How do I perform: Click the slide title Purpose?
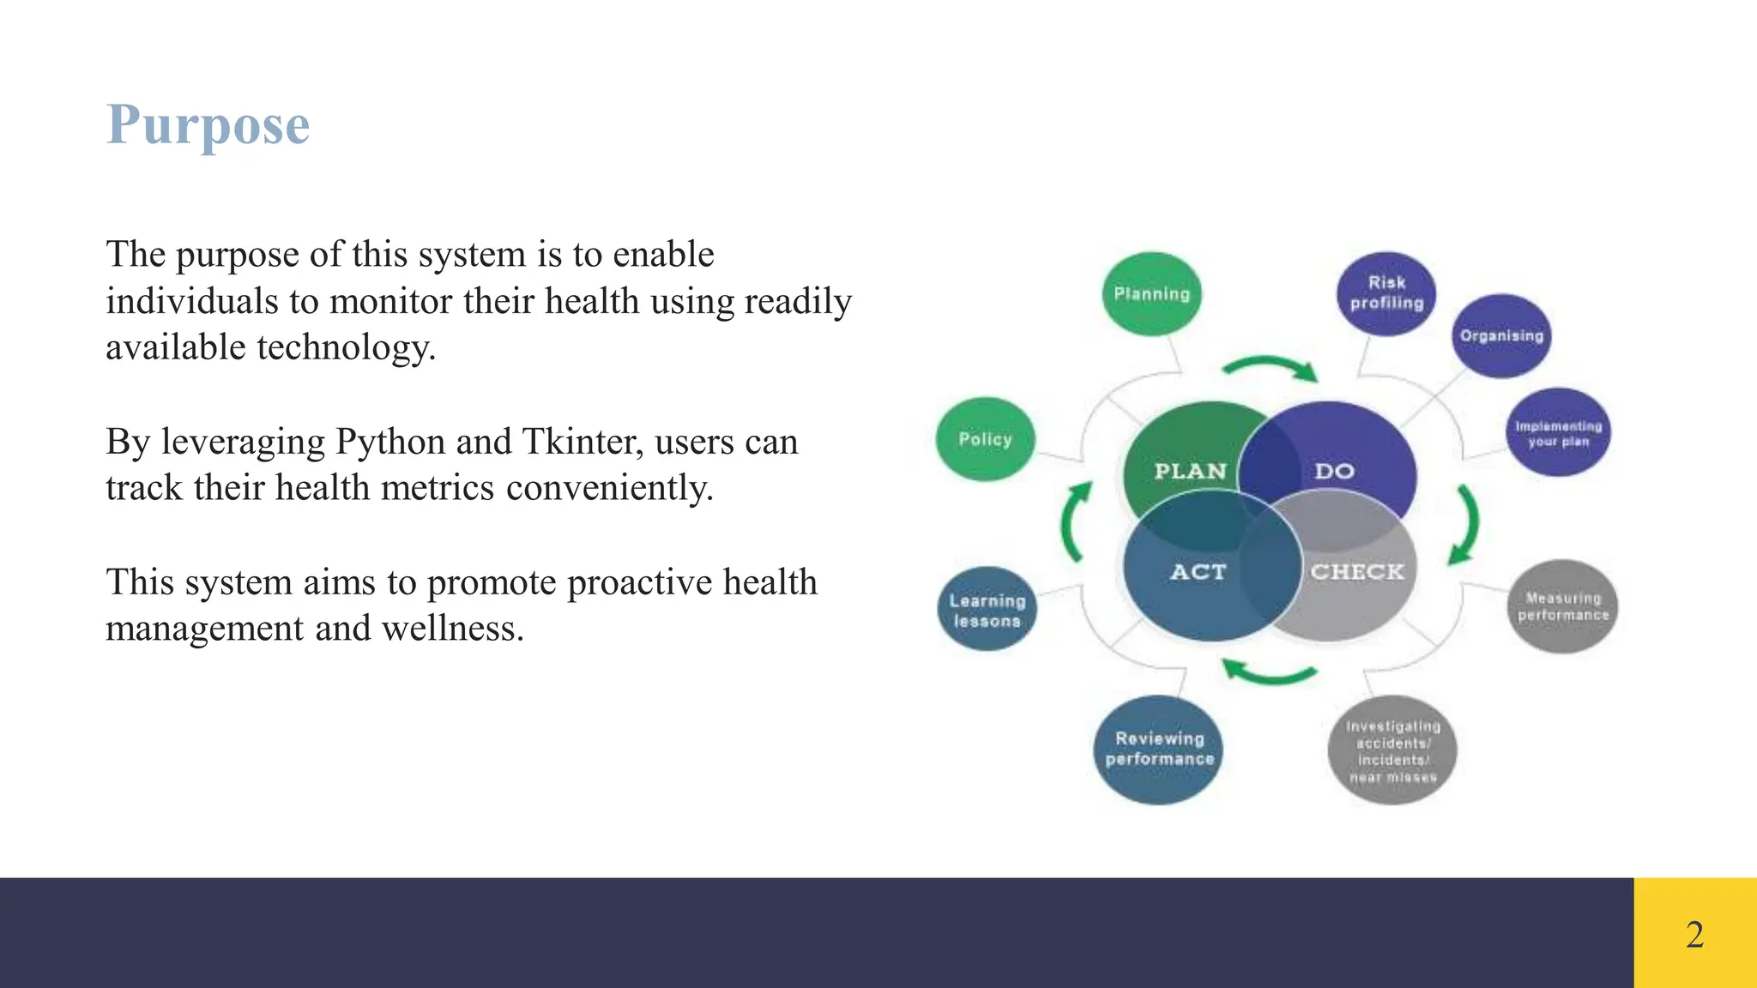pyautogui.click(x=208, y=125)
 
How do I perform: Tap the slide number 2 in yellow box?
pyautogui.click(x=1694, y=934)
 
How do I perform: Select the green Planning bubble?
pyautogui.click(x=1151, y=294)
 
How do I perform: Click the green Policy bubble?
pyautogui.click(x=985, y=439)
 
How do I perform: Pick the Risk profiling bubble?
pyautogui.click(x=1386, y=293)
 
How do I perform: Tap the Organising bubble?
pyautogui.click(x=1501, y=335)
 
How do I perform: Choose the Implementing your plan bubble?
pyautogui.click(x=1558, y=433)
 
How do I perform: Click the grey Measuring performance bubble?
pyautogui.click(x=1562, y=606)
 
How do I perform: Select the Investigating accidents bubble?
pyautogui.click(x=1392, y=750)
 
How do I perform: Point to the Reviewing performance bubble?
pyautogui.click(x=1159, y=749)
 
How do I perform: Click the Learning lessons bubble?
pyautogui.click(x=987, y=610)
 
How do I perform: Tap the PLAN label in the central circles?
pyautogui.click(x=1190, y=471)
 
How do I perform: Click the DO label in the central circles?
pyautogui.click(x=1334, y=471)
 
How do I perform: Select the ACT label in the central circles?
pyautogui.click(x=1198, y=571)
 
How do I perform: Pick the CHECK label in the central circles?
pyautogui.click(x=1356, y=571)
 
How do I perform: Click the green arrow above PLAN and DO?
pyautogui.click(x=1271, y=367)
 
